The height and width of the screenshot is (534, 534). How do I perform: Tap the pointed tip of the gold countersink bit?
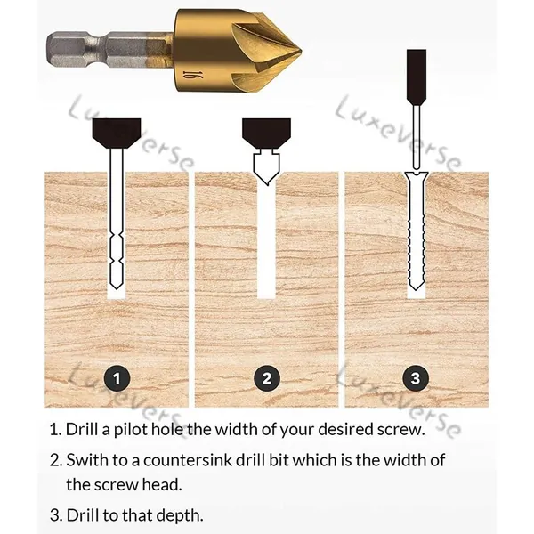(301, 53)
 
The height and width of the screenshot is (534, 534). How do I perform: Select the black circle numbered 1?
(117, 378)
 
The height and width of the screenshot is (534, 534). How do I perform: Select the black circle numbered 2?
(267, 378)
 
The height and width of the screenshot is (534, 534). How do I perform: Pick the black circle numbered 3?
(416, 378)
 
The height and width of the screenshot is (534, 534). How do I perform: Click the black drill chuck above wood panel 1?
(117, 133)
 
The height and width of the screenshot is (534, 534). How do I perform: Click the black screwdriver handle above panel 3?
(417, 77)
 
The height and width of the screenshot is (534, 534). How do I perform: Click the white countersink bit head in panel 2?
(266, 168)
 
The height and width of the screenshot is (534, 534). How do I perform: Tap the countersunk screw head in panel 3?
(417, 177)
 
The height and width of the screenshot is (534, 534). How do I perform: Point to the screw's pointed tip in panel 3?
(416, 289)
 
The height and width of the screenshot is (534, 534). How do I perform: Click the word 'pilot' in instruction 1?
(131, 430)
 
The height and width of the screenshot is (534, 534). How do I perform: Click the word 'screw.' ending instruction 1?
(400, 430)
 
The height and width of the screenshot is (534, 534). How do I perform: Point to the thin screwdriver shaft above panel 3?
(417, 138)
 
